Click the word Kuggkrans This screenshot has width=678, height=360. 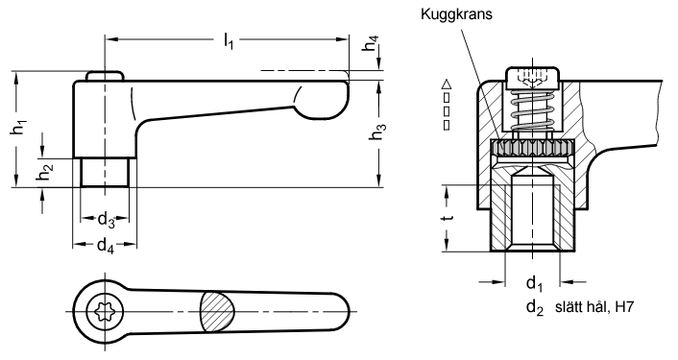(456, 14)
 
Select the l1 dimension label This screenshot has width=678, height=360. (229, 41)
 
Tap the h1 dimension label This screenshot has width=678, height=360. (18, 128)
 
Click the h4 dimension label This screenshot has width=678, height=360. (371, 43)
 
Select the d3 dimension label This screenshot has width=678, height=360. (106, 221)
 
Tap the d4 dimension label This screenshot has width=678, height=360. (105, 247)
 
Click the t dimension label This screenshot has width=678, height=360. (449, 215)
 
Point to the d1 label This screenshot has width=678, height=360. (534, 284)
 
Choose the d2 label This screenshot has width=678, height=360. (535, 308)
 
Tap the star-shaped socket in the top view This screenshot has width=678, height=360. (105, 311)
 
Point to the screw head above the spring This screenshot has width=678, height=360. (532, 79)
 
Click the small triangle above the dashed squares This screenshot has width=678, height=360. (448, 84)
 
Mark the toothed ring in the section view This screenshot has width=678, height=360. (532, 148)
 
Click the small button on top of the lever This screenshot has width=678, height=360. (105, 76)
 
